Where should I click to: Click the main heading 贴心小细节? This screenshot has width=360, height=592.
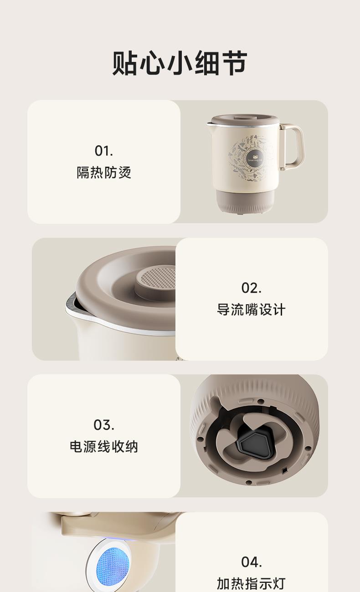(x=180, y=63)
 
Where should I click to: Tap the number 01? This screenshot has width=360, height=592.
(x=104, y=151)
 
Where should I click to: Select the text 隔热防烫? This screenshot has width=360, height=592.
(x=104, y=173)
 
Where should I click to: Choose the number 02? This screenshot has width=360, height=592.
(x=251, y=288)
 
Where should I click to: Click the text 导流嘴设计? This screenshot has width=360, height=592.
(x=251, y=310)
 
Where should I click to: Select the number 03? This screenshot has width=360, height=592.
(x=104, y=425)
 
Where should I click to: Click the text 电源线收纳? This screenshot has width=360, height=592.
(x=104, y=447)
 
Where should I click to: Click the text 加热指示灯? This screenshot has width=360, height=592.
(x=251, y=583)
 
